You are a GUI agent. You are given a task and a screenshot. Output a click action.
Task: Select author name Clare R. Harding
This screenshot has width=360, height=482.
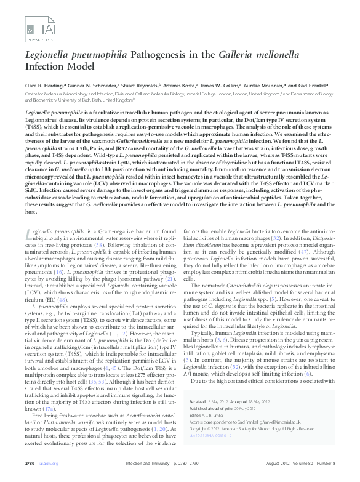[x=44, y=86]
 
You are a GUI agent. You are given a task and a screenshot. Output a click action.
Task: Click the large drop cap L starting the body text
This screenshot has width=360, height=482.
[x=29, y=235]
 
